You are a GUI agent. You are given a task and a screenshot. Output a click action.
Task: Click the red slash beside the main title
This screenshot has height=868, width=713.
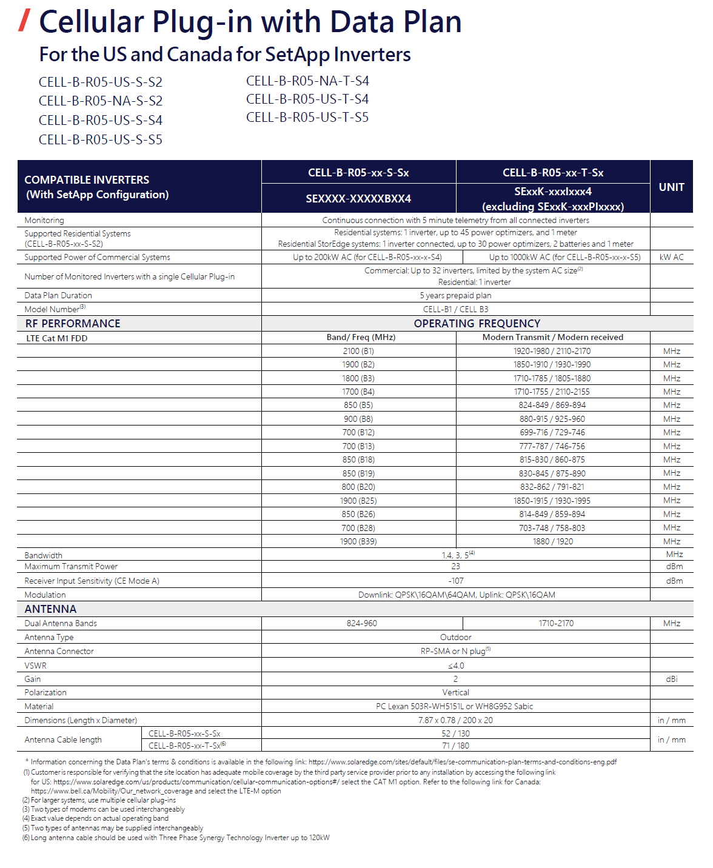click(24, 20)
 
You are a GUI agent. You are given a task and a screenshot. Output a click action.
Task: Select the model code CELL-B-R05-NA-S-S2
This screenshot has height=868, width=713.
click(101, 101)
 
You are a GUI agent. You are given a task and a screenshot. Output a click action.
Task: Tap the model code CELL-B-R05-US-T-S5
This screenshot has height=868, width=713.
click(307, 117)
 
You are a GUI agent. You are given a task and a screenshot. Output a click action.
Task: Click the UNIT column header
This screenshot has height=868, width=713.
click(671, 187)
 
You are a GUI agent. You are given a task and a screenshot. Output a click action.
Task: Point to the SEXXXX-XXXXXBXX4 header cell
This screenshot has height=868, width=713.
click(358, 198)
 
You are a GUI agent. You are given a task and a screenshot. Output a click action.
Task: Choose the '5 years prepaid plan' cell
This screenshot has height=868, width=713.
click(455, 295)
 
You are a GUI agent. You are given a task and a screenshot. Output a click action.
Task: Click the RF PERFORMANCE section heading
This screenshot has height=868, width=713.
click(73, 324)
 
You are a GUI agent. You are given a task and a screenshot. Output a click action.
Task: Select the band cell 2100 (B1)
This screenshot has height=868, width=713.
click(358, 351)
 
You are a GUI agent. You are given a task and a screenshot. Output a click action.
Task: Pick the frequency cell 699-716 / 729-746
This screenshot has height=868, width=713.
click(552, 432)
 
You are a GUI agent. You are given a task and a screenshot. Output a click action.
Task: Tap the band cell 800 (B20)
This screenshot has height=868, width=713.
click(358, 487)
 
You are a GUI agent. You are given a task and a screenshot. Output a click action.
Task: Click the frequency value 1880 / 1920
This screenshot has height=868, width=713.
click(552, 541)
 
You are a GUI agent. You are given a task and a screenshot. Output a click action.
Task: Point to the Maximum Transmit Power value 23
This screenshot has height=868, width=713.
click(455, 566)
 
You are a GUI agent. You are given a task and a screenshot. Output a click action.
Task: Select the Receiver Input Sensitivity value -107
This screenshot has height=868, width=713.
click(455, 581)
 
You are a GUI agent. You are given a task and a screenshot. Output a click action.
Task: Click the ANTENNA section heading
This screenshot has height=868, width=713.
click(50, 609)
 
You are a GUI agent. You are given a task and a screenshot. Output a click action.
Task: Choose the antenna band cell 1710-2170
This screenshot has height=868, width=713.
click(556, 623)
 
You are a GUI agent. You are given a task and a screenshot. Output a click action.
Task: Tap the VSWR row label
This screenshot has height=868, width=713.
click(35, 666)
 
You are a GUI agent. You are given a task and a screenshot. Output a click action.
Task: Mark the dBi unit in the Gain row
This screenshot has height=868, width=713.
click(671, 679)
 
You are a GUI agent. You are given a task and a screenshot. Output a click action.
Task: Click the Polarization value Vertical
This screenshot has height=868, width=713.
click(455, 692)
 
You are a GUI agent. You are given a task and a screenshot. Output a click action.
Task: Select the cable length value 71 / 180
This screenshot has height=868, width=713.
click(455, 746)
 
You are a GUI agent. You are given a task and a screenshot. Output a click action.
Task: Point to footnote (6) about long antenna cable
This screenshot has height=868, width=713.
click(176, 838)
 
